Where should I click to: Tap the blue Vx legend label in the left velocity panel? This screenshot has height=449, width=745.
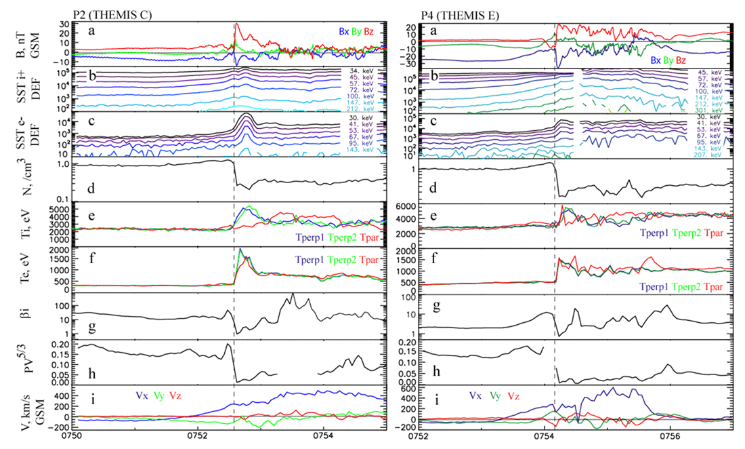tap(142, 395)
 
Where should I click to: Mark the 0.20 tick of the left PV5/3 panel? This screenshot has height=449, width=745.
tap(63, 345)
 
